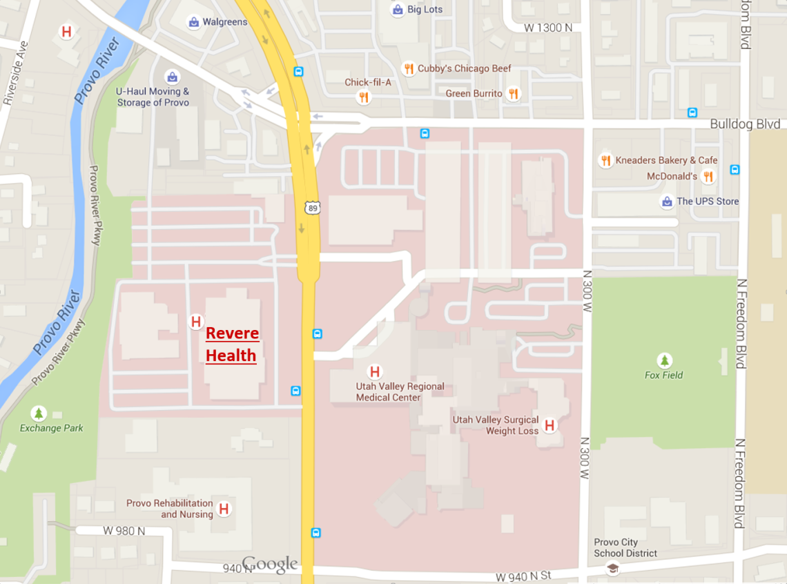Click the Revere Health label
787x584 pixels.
(232, 344)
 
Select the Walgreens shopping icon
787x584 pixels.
(194, 22)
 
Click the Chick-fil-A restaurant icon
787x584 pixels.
(364, 97)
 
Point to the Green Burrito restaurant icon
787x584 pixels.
(513, 93)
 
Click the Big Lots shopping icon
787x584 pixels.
(398, 10)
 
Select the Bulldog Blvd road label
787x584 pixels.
(745, 125)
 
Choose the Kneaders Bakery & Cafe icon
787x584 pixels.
(605, 160)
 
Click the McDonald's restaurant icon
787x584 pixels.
(708, 177)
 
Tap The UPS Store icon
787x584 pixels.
(667, 202)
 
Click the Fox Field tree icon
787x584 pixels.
(665, 360)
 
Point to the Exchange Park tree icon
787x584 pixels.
(39, 413)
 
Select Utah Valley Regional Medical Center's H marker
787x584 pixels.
(375, 372)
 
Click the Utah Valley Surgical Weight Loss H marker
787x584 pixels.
(550, 425)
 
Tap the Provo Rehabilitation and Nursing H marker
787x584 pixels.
(224, 509)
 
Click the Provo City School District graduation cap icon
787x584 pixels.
(612, 568)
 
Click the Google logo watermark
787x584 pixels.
(270, 565)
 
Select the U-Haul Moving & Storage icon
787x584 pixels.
(171, 77)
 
